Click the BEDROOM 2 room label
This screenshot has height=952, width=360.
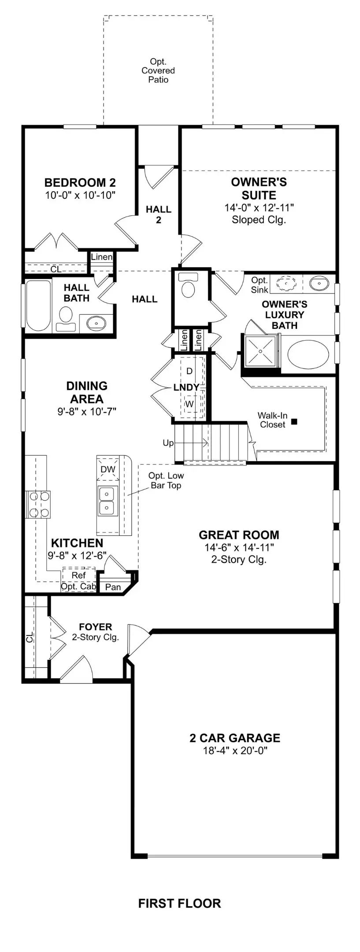pyautogui.click(x=80, y=182)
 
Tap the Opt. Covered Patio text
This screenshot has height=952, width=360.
pyautogui.click(x=158, y=71)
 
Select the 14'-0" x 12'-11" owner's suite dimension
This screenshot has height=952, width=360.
pyautogui.click(x=259, y=208)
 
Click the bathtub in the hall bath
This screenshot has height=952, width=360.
pyautogui.click(x=38, y=305)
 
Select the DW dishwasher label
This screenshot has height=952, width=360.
pyautogui.click(x=108, y=469)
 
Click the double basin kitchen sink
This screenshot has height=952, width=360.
pyautogui.click(x=107, y=501)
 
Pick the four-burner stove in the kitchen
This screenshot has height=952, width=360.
pyautogui.click(x=38, y=504)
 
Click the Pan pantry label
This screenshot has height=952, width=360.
pyautogui.click(x=113, y=587)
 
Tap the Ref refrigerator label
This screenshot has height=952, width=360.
pyautogui.click(x=78, y=575)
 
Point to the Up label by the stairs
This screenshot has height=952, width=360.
pyautogui.click(x=168, y=443)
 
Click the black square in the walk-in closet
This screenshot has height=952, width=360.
pyautogui.click(x=294, y=422)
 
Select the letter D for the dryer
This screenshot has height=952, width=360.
pyautogui.click(x=189, y=371)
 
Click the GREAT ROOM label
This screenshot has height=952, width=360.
pyautogui.click(x=239, y=535)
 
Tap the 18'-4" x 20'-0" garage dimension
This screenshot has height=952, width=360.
pyautogui.click(x=235, y=751)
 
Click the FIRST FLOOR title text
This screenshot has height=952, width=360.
pyautogui.click(x=179, y=904)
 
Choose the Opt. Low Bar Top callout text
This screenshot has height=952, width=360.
pyautogui.click(x=166, y=480)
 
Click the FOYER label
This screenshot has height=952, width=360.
pyautogui.click(x=95, y=627)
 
